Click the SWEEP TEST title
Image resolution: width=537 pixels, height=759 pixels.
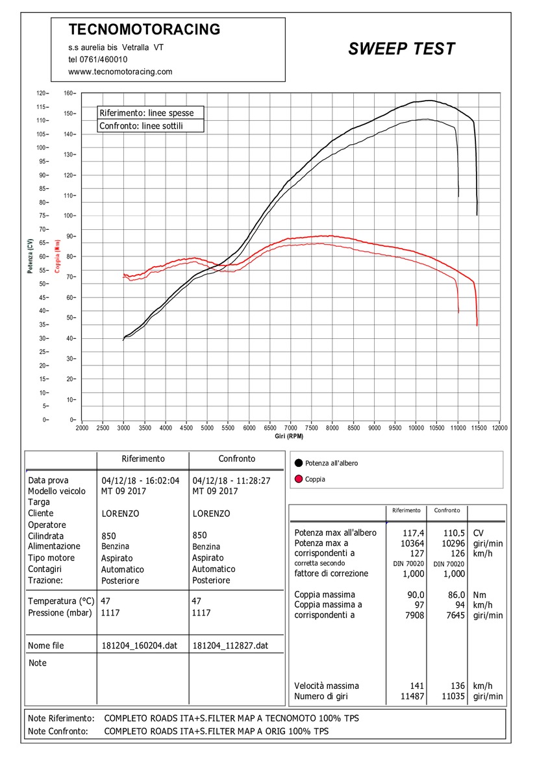click(x=402, y=49)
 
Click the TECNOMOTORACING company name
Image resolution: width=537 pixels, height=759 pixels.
click(x=144, y=29)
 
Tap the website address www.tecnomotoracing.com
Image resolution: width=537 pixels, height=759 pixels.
click(x=120, y=71)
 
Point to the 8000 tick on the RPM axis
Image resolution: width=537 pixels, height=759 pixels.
click(x=332, y=428)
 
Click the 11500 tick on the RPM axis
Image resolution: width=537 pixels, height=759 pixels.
click(x=479, y=428)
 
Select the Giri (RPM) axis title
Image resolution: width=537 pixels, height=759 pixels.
click(x=289, y=436)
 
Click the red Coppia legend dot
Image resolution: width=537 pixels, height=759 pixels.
click(x=299, y=479)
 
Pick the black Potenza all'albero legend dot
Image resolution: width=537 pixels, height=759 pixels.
click(x=299, y=463)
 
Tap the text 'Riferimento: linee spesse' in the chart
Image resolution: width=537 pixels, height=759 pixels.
click(x=147, y=113)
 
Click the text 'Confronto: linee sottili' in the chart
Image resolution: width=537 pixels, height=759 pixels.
click(x=142, y=126)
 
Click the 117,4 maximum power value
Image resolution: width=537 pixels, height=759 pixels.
click(x=414, y=533)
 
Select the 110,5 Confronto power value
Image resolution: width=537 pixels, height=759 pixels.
click(x=454, y=533)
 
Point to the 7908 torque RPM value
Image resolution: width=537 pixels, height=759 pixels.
click(x=414, y=616)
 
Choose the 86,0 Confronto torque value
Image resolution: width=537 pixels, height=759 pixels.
click(x=456, y=595)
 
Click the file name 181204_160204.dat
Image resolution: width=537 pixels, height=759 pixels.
click(x=140, y=646)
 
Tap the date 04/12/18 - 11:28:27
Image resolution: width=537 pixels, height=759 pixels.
click(x=231, y=480)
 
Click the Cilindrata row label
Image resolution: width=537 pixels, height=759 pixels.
click(x=45, y=536)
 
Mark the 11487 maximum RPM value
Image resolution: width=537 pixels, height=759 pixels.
click(x=412, y=697)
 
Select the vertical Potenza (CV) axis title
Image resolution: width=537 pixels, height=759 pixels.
click(x=30, y=256)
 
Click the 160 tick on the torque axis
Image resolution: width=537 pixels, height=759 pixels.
click(x=69, y=93)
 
